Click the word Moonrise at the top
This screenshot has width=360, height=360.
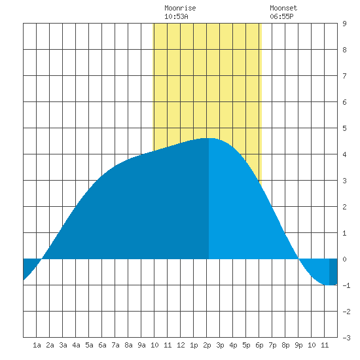pos(180,8)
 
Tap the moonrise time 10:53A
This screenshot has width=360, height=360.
pos(176,16)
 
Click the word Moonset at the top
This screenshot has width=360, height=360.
pos(283,8)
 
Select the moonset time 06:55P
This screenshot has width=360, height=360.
pos(281,16)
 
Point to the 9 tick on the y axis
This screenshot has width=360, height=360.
pos(344,24)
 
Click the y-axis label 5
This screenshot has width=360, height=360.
pos(344,128)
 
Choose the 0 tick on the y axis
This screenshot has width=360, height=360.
pos(344,259)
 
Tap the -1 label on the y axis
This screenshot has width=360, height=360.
pos(346,285)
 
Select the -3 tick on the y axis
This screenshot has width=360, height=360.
pos(346,338)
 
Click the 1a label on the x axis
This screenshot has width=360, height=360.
pos(37,345)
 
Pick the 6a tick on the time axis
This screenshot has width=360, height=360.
pos(102,345)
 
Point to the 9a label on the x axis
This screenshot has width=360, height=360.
pos(141,345)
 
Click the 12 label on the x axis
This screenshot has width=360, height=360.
pos(181,345)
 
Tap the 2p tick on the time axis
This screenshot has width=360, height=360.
pos(207,345)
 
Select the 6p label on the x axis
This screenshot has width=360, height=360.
pos(259,345)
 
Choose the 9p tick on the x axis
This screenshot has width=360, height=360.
pos(298,345)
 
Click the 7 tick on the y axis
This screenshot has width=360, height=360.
pos(344,76)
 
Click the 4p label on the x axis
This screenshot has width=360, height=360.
pos(233,345)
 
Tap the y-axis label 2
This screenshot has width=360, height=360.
pos(344,207)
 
